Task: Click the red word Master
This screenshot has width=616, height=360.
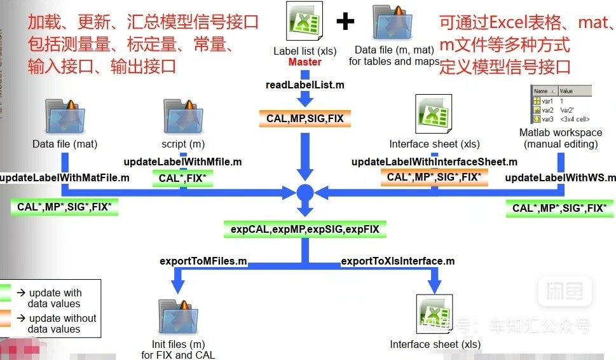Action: pos(305,62)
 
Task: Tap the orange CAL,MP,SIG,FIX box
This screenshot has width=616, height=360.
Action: pos(305,118)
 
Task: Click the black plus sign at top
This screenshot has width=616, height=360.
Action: pos(345,22)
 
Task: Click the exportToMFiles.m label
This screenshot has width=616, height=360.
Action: pos(203,261)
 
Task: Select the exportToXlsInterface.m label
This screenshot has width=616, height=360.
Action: pos(398,261)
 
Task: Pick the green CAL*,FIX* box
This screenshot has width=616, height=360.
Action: pos(182,179)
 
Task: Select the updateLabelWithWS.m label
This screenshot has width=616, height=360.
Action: pos(560,177)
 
